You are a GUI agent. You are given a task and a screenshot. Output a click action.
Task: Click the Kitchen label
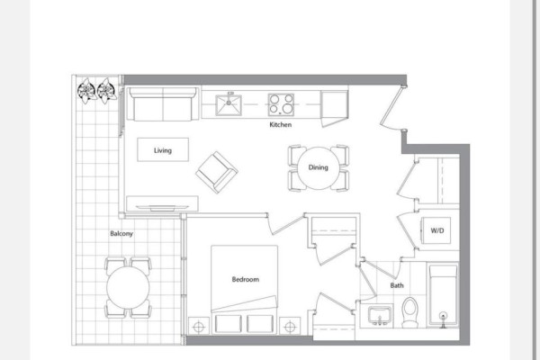pos(280,125)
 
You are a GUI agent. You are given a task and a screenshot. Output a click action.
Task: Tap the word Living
pos(163,150)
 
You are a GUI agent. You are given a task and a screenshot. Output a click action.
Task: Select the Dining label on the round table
pos(318,167)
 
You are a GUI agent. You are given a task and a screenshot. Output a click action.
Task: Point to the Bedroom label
pos(245,279)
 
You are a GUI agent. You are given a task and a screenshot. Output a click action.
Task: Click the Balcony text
pos(121,234)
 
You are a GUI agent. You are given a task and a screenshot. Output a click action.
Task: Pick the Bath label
pos(397,285)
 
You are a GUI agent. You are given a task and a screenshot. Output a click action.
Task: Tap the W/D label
pos(437,230)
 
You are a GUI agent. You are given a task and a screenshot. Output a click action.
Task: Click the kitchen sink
pos(229,104)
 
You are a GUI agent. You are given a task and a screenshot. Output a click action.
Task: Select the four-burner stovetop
pos(281,104)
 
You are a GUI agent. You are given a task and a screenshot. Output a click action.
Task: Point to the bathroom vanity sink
pos(379,315)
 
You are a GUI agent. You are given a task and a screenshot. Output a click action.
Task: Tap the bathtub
pos(443,295)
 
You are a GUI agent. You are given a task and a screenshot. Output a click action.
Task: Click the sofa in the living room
pos(163,104)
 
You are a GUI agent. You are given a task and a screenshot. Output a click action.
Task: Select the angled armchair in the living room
pos(217,172)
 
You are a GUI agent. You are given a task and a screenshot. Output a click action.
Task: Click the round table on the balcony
pos(128,288)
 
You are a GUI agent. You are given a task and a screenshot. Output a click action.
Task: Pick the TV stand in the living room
pos(162,203)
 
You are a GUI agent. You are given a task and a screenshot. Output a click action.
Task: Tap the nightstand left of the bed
pos(199,326)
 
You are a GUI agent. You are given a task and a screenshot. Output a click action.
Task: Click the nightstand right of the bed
pos(290,326)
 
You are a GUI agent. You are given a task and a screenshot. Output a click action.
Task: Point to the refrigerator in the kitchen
pos(335,106)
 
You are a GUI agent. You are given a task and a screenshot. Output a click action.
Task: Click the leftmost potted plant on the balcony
pos(86,91)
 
